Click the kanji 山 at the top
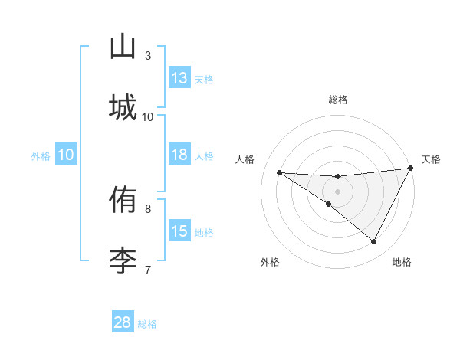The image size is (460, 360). coord(123,48)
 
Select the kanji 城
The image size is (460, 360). coord(123,106)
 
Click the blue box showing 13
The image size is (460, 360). coord(179,78)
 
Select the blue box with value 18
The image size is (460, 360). coord(179,155)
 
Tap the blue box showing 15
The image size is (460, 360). coord(179,231)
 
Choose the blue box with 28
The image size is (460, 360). coord(123,322)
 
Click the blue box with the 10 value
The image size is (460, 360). coord(65,155)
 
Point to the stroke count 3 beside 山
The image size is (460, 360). coord(148,56)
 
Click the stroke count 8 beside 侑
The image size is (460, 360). coord(148,208)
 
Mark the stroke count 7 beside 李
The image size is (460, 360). coord(148,269)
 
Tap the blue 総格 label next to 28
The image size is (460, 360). coord(147,324)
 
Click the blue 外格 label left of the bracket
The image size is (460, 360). coord(41,156)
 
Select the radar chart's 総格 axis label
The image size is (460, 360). coord(338,100)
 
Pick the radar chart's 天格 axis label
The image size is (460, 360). coord(431,159)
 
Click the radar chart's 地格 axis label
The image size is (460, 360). coord(402,262)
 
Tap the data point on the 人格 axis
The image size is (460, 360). coord(279,172)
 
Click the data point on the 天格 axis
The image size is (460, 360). coord(411,169)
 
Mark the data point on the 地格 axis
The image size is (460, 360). coord(374,242)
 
